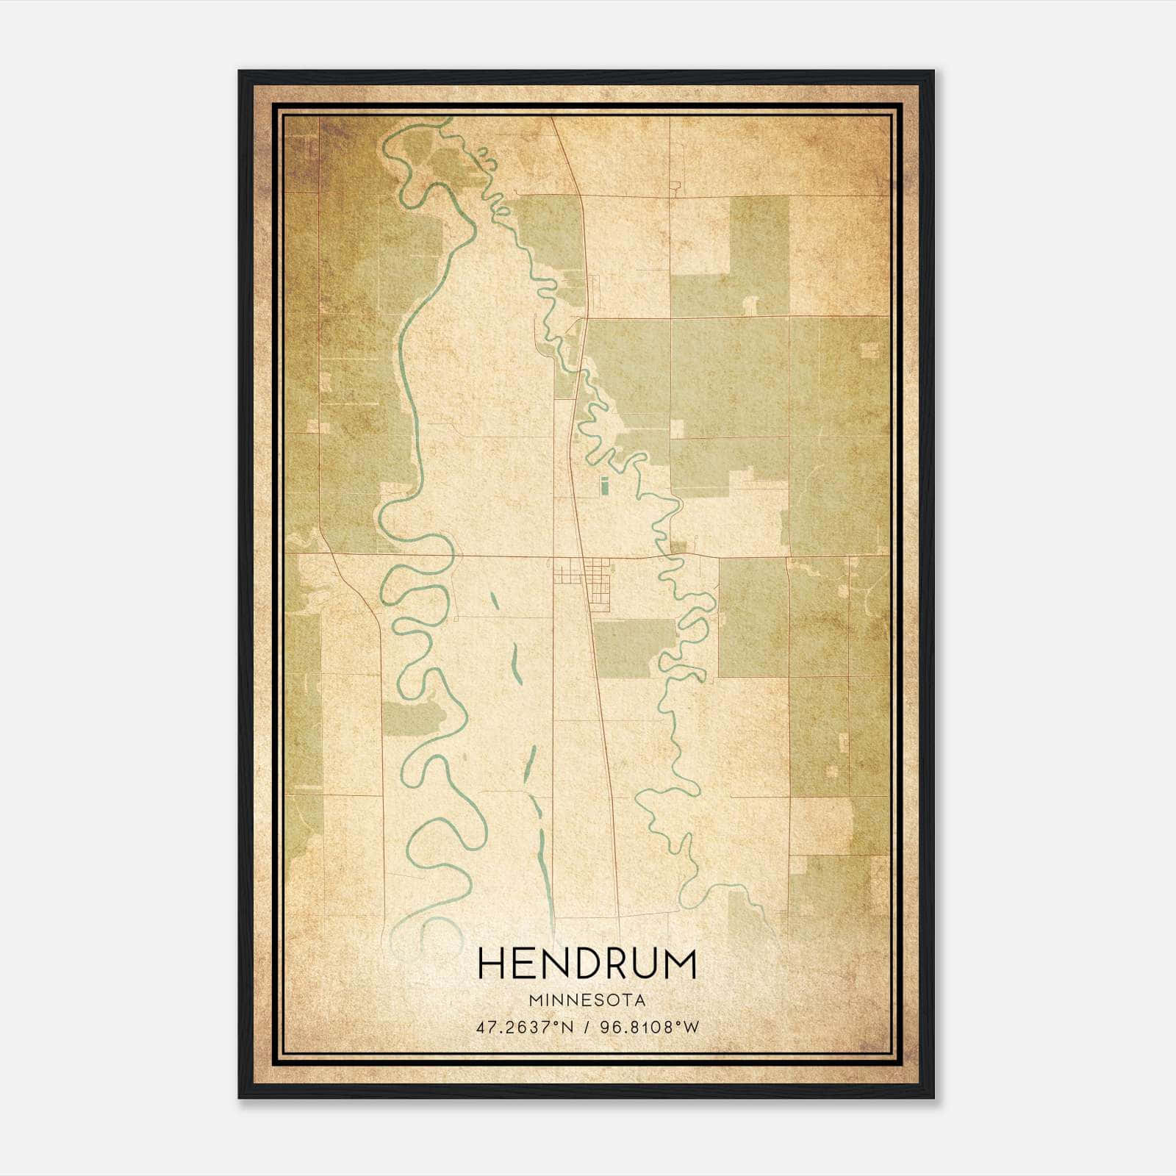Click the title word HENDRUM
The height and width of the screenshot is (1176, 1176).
[587, 964]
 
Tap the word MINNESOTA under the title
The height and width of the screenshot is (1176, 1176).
[587, 1000]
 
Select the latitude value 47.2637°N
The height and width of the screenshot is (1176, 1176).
[523, 1027]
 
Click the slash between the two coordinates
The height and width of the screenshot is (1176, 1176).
[586, 1027]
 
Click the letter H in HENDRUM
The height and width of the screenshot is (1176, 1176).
[490, 964]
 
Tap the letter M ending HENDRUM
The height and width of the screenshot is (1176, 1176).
[680, 964]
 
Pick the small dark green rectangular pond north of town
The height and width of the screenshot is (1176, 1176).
[604, 486]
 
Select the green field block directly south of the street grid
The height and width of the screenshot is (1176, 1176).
[634, 648]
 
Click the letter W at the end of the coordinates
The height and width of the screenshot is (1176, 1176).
[691, 1027]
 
